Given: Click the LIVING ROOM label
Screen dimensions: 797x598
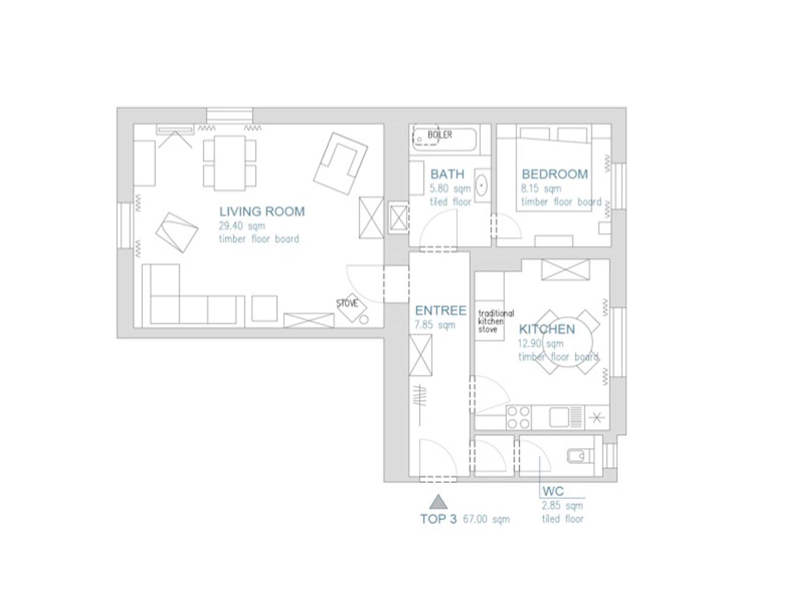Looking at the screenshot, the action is (x=262, y=212).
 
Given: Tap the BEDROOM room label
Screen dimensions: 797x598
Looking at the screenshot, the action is (x=555, y=174).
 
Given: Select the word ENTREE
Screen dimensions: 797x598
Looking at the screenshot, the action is (x=441, y=310).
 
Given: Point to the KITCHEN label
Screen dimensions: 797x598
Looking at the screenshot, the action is (x=547, y=329).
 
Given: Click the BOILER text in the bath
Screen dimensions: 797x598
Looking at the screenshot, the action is (x=440, y=135).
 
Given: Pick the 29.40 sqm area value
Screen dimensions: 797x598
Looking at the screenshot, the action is (x=242, y=226).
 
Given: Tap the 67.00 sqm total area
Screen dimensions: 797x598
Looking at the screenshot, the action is (x=486, y=519).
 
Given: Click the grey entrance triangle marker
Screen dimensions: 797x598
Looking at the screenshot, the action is (x=438, y=502).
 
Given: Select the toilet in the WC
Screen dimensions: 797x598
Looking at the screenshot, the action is (x=580, y=456).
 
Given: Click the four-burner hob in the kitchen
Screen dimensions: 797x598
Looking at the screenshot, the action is (x=519, y=417).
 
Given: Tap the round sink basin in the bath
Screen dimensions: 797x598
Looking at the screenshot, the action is (x=482, y=185).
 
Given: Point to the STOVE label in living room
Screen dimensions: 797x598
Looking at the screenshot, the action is (x=347, y=303).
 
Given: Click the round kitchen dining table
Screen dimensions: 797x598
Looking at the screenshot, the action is (x=567, y=342).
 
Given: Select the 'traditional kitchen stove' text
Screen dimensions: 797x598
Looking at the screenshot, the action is (x=496, y=321).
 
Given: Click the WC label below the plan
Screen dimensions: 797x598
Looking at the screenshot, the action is (x=553, y=491).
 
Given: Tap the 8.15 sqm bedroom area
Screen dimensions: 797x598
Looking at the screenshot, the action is (x=541, y=189).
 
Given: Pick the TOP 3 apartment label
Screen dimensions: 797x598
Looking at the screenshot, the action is (x=438, y=519).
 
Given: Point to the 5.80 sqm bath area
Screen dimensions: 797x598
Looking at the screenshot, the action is (x=450, y=189).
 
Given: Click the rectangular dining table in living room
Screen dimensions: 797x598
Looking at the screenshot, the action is (x=230, y=163).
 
